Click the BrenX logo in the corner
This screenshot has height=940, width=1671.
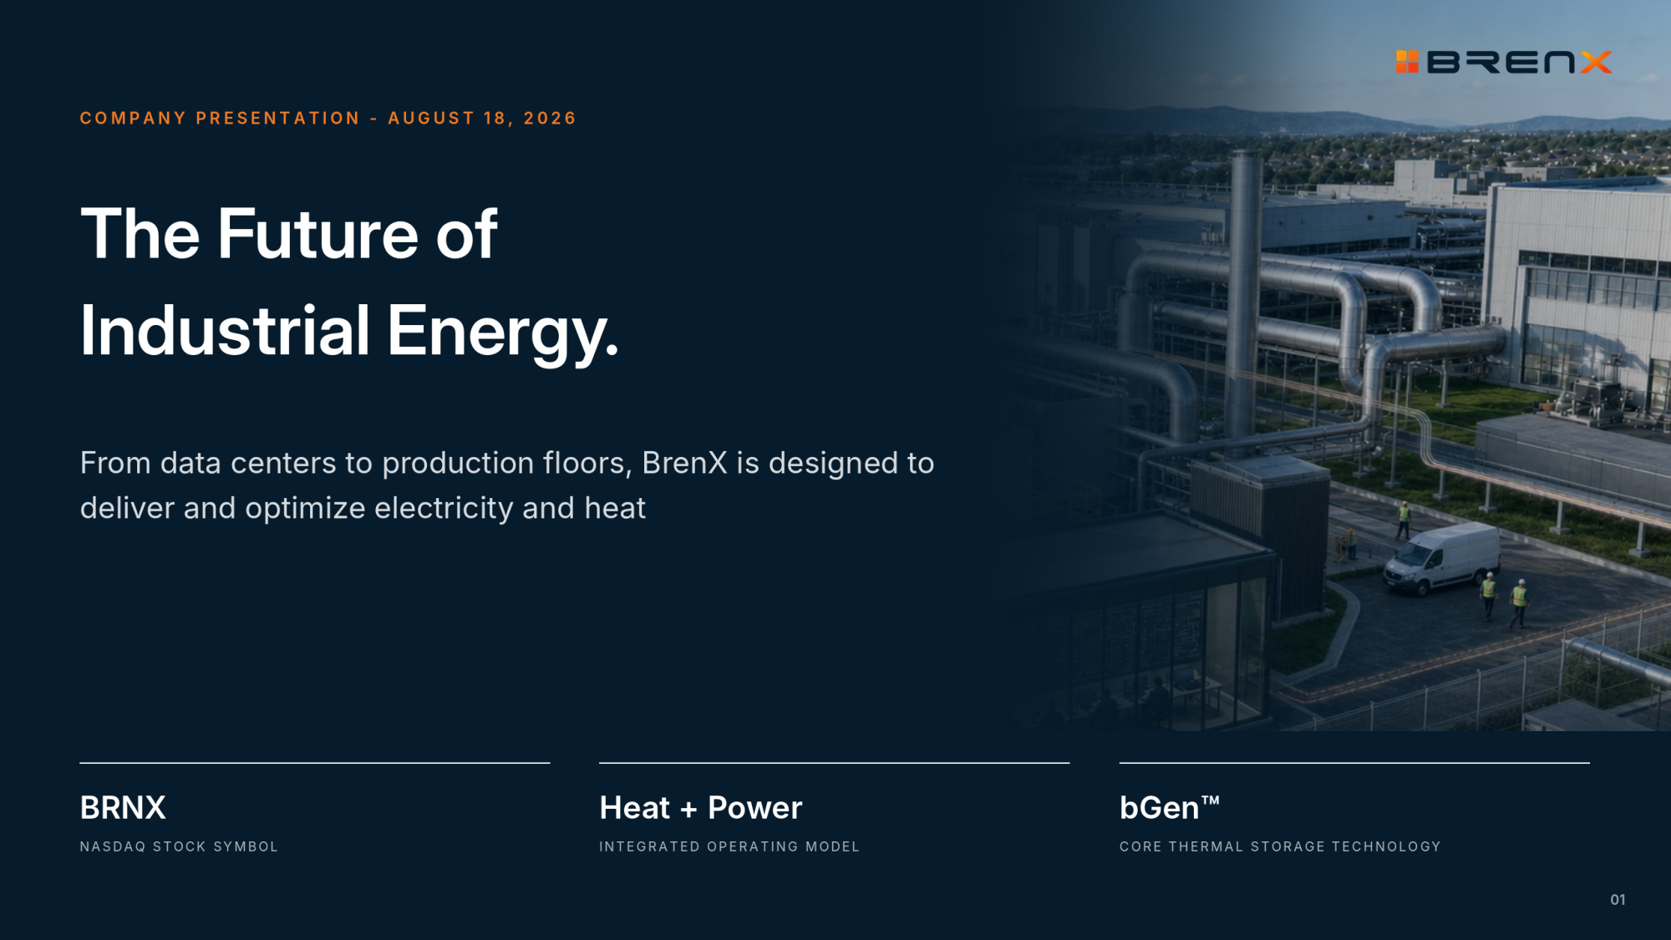pyautogui.click(x=1504, y=62)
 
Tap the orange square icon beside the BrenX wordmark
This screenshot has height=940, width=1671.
pyautogui.click(x=1407, y=62)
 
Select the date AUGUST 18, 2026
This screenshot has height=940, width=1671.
pyautogui.click(x=482, y=118)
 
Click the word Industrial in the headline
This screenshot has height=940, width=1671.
pyautogui.click(x=225, y=330)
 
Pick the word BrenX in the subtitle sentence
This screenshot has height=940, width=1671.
pyautogui.click(x=684, y=463)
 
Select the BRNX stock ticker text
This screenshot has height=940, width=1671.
pyautogui.click(x=123, y=808)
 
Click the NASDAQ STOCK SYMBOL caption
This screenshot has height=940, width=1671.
pyautogui.click(x=179, y=846)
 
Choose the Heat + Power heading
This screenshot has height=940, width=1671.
pyautogui.click(x=701, y=808)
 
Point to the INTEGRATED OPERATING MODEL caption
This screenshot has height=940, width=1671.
pyautogui.click(x=729, y=846)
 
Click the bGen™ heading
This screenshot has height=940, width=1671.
pyautogui.click(x=1170, y=807)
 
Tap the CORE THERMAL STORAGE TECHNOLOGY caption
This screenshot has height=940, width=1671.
pyautogui.click(x=1280, y=846)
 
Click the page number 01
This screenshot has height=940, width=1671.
pyautogui.click(x=1618, y=900)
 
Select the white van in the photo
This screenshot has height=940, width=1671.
pyautogui.click(x=1442, y=558)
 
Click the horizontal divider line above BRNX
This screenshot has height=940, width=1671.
pyautogui.click(x=315, y=763)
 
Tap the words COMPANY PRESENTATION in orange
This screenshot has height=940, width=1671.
pyautogui.click(x=220, y=118)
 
